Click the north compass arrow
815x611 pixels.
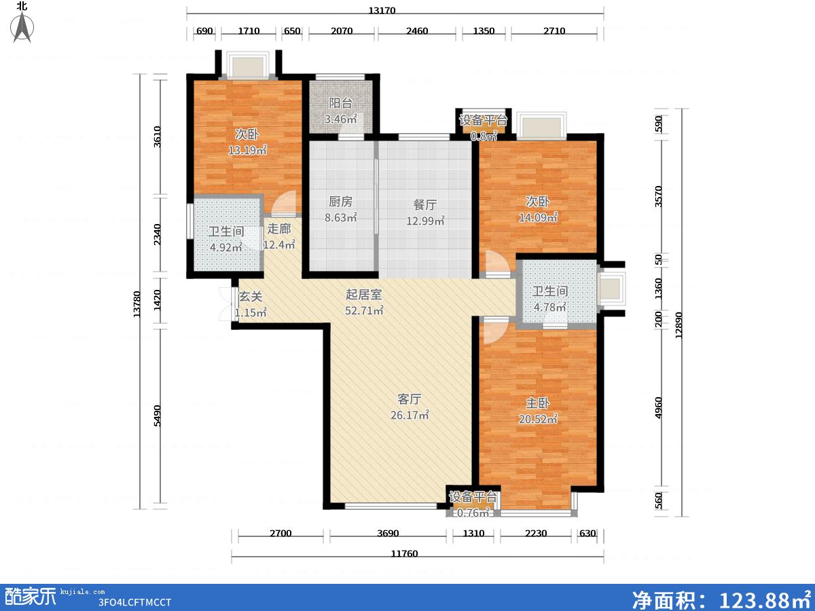pyautogui.click(x=22, y=27)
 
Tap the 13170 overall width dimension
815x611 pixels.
pyautogui.click(x=382, y=10)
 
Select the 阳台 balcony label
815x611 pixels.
pyautogui.click(x=340, y=103)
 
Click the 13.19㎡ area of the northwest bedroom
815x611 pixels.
pyautogui.click(x=247, y=150)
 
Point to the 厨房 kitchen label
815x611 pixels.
pyautogui.click(x=340, y=202)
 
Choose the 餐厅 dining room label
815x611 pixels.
pyautogui.click(x=425, y=205)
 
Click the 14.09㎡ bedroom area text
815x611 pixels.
pyautogui.click(x=538, y=217)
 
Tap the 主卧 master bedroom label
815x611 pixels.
pyautogui.click(x=538, y=403)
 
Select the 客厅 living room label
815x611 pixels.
pyautogui.click(x=409, y=399)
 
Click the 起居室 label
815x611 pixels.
pyautogui.click(x=363, y=295)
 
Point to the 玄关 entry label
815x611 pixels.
pyautogui.click(x=251, y=297)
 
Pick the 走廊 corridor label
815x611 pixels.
pyautogui.click(x=279, y=229)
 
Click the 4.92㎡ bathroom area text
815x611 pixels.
pyautogui.click(x=225, y=247)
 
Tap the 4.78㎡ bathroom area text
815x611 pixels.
pyautogui.click(x=550, y=307)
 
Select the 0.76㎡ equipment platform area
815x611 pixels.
pyautogui.click(x=473, y=513)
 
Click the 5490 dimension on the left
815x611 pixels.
pyautogui.click(x=157, y=415)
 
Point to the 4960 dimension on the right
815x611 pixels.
pyautogui.click(x=658, y=408)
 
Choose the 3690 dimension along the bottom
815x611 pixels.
pyautogui.click(x=388, y=533)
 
